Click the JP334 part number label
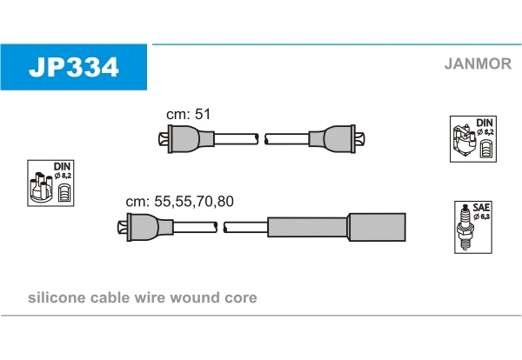click(x=74, y=67)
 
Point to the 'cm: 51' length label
click(x=189, y=114)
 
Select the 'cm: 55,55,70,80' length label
click(x=179, y=201)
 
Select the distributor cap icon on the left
click(x=50, y=183)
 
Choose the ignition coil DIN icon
click(x=472, y=138)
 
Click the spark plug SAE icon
click(x=471, y=225)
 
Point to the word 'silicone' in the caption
click(x=55, y=298)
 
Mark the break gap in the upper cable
click(x=261, y=138)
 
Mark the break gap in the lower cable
click(x=220, y=227)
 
